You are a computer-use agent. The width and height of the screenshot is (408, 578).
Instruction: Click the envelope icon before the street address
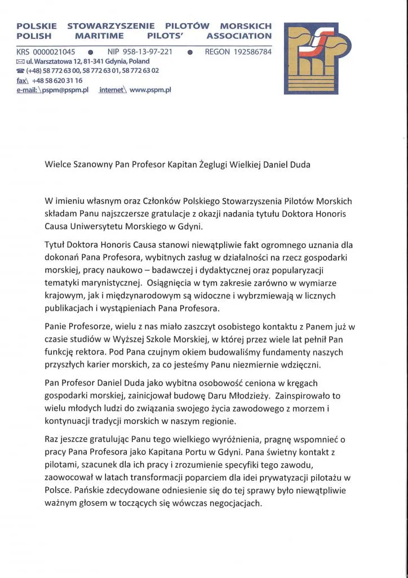20,62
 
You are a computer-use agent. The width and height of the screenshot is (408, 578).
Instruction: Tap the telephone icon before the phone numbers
21,71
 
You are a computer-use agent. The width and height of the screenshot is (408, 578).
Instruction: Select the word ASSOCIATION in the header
239,36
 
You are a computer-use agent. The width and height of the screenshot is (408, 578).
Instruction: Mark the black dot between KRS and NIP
90,52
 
